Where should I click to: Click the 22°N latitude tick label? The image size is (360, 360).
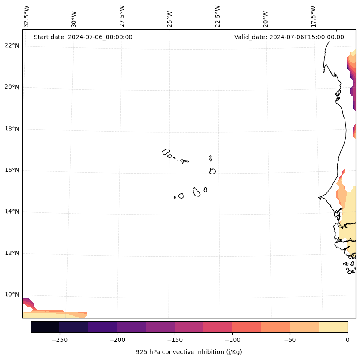click(12, 46)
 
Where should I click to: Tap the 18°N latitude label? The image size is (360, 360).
click(12, 129)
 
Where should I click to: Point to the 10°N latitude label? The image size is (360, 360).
click(12, 295)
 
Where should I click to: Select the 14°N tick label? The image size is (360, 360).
click(12, 211)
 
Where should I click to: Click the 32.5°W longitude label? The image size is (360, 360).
click(27, 16)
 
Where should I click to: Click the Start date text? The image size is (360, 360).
click(83, 37)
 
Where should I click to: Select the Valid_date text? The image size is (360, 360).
click(289, 37)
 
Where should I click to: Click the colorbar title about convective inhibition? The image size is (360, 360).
click(189, 352)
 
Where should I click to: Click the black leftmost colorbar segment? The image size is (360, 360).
click(45, 327)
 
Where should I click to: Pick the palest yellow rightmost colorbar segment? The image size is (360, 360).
click(333, 327)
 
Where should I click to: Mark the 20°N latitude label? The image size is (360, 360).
click(12, 87)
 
